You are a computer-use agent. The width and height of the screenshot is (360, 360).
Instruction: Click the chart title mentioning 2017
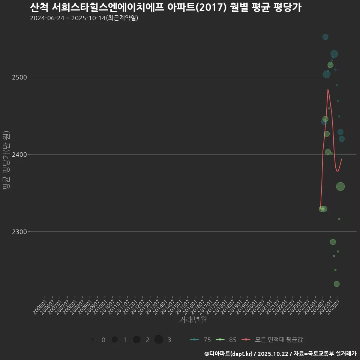[165, 7]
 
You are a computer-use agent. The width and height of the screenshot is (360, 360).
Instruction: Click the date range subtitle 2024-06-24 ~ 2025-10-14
[84, 18]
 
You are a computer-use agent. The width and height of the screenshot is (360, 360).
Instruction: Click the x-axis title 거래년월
[193, 319]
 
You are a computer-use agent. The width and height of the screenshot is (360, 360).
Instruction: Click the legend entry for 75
[201, 340]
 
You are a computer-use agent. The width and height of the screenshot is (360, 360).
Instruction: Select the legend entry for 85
[226, 340]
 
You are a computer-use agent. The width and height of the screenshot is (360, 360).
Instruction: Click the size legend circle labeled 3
[159, 340]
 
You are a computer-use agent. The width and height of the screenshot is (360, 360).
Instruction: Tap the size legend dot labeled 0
[92, 340]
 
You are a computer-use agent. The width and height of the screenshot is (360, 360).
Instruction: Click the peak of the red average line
[328, 89]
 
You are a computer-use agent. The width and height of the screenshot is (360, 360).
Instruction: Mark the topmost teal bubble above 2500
[325, 37]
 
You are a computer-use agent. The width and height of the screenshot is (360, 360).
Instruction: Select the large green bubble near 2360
[340, 187]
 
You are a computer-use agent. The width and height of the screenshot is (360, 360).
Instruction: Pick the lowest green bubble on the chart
[337, 284]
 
